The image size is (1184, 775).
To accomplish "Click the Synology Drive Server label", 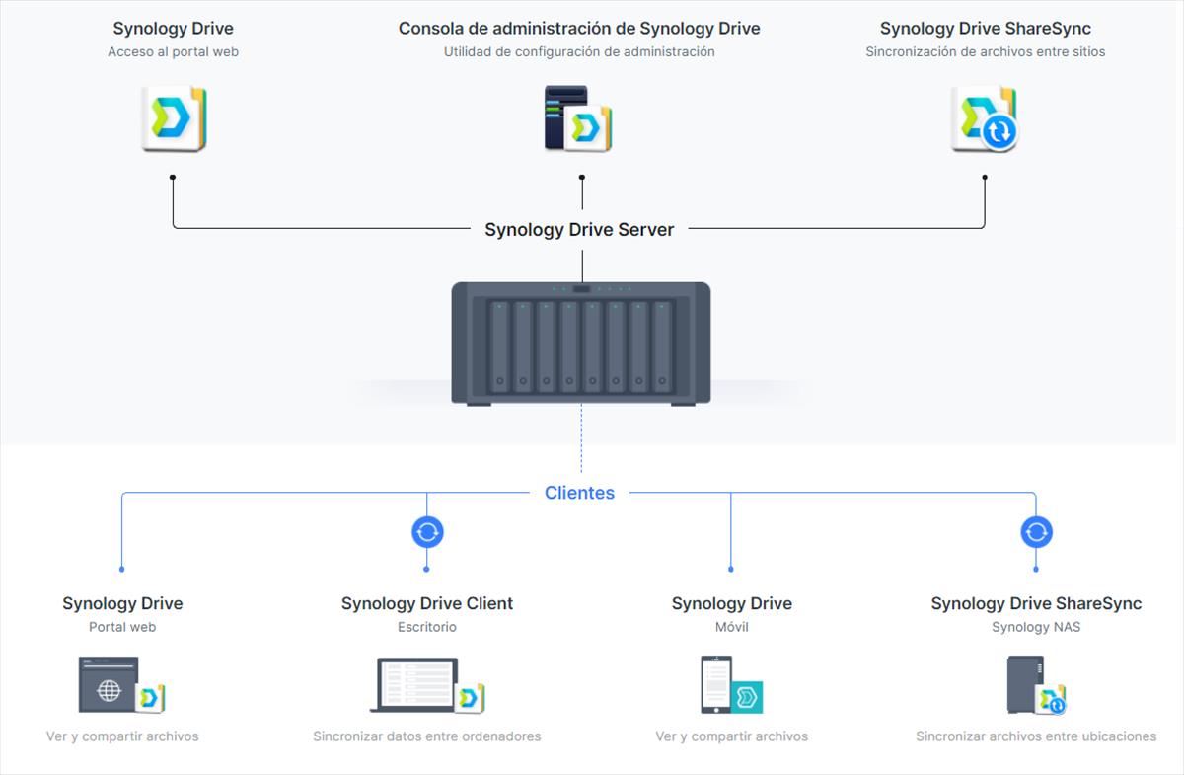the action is [x=579, y=230].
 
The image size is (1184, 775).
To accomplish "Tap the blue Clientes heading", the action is [x=579, y=493].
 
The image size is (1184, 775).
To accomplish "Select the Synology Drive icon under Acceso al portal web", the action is [x=174, y=118].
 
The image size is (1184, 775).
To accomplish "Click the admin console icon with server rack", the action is [x=578, y=118].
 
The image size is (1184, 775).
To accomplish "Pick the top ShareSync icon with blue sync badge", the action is [x=985, y=118].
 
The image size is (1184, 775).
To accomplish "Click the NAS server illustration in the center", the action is [x=581, y=344].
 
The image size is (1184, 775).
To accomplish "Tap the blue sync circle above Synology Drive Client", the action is [x=427, y=532].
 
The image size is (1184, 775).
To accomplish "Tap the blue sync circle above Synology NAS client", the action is [x=1036, y=532].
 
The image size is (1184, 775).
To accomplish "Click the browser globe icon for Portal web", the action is [x=121, y=685].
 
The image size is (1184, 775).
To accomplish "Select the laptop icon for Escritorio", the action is [x=427, y=685].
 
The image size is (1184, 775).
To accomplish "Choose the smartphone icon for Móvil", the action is [x=731, y=685].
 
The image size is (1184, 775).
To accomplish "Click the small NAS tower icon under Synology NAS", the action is [x=1036, y=685].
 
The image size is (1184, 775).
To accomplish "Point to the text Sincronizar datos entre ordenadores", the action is [x=427, y=736].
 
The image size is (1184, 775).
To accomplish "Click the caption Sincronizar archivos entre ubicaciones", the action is [x=1036, y=736].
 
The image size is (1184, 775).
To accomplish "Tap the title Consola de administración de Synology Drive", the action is [x=579, y=29].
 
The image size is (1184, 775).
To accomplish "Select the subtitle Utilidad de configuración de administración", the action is [x=579, y=52].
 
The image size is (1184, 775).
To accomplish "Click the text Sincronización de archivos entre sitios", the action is [x=986, y=52].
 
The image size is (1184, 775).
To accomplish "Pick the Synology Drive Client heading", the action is [x=427, y=603].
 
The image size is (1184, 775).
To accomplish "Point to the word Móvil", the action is [x=731, y=627].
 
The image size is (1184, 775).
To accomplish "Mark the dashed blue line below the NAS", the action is [x=581, y=439].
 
